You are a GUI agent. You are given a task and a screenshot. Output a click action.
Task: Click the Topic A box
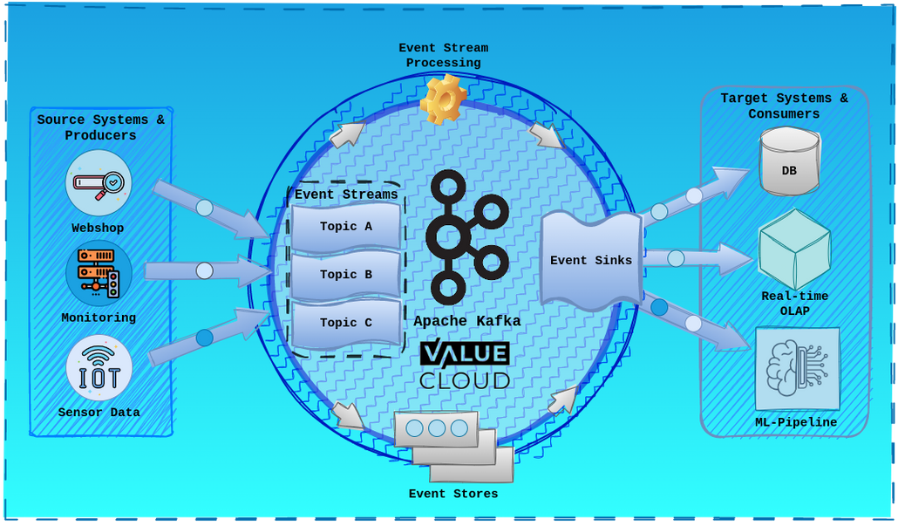(x=346, y=227)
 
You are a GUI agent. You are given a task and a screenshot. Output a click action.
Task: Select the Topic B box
(x=346, y=275)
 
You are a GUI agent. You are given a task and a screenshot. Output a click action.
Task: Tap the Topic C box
(x=346, y=323)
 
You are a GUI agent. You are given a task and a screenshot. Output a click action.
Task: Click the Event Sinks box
(x=590, y=261)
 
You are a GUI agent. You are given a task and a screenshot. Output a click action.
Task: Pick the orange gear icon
(x=443, y=99)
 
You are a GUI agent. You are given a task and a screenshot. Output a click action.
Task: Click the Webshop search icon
(x=99, y=183)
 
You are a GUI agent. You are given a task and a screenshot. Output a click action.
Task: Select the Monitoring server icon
(x=99, y=273)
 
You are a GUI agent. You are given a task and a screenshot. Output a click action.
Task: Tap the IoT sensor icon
(x=99, y=367)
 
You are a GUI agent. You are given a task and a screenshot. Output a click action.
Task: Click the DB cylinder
(x=789, y=162)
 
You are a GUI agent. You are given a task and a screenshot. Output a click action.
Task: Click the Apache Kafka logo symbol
(x=466, y=236)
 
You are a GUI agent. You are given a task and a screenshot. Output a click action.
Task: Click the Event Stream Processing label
(x=443, y=56)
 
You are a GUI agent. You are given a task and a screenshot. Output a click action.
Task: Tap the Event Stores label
(x=453, y=495)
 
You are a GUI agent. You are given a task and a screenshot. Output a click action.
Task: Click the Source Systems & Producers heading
(x=100, y=127)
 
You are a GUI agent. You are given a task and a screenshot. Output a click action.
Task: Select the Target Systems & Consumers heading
(x=784, y=106)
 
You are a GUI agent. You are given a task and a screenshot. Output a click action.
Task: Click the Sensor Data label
(x=99, y=413)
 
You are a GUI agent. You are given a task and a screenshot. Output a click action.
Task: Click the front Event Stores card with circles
(x=436, y=428)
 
